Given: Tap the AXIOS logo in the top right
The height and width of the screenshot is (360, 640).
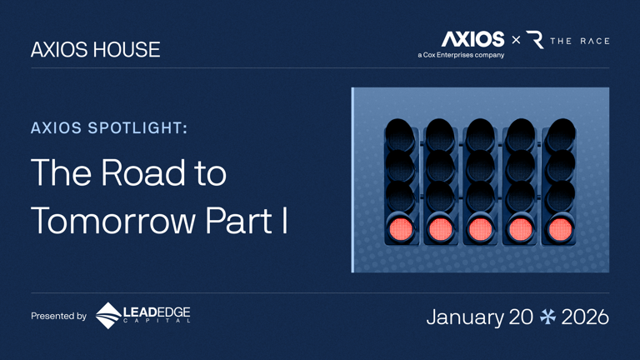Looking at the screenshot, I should tap(472, 38).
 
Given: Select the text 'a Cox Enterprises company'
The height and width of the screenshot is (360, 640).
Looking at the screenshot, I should tap(461, 55).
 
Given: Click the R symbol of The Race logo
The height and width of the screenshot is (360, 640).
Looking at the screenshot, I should tap(535, 39).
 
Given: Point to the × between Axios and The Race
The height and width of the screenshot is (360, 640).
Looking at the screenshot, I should tap(516, 39).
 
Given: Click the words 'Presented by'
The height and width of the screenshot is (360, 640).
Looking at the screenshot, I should tap(58, 317).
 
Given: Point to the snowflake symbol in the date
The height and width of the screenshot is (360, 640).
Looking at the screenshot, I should tap(547, 317).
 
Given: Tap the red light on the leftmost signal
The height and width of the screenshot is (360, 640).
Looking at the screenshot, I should tap(400, 227).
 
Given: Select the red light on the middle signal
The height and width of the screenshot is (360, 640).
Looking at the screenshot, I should tap(481, 227).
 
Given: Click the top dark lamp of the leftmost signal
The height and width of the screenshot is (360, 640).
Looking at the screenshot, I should tap(400, 132).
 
